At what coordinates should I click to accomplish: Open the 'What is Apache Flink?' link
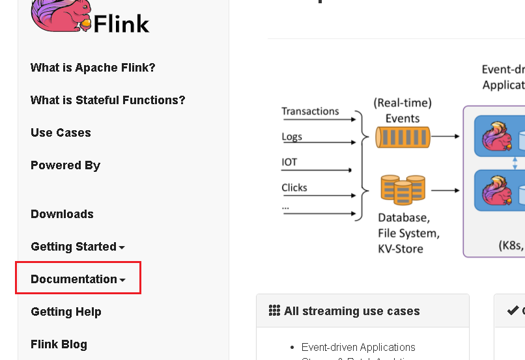[x=93, y=68]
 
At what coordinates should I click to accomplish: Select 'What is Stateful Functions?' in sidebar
[x=108, y=100]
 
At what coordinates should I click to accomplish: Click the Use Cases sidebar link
[x=61, y=133]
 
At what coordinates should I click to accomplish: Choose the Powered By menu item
[x=65, y=165]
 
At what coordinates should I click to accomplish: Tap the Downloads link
[x=62, y=214]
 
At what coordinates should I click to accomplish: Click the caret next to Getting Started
[x=122, y=247]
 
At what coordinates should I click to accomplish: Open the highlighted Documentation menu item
[x=78, y=279]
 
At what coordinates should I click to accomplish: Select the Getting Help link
[x=66, y=312]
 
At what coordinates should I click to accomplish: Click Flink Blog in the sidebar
[x=59, y=344]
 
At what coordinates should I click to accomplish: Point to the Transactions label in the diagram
[x=310, y=111]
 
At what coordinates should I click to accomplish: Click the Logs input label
[x=292, y=137]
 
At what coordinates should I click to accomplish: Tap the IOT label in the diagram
[x=289, y=162]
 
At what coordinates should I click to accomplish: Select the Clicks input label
[x=294, y=187]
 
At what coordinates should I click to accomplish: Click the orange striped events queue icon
[x=403, y=137]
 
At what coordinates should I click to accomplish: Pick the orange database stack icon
[x=403, y=189]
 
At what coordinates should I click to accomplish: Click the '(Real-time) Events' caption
[x=403, y=111]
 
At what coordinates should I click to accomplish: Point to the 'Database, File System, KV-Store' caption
[x=408, y=233]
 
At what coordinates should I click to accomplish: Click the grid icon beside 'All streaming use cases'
[x=274, y=311]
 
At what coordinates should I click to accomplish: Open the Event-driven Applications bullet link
[x=358, y=347]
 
